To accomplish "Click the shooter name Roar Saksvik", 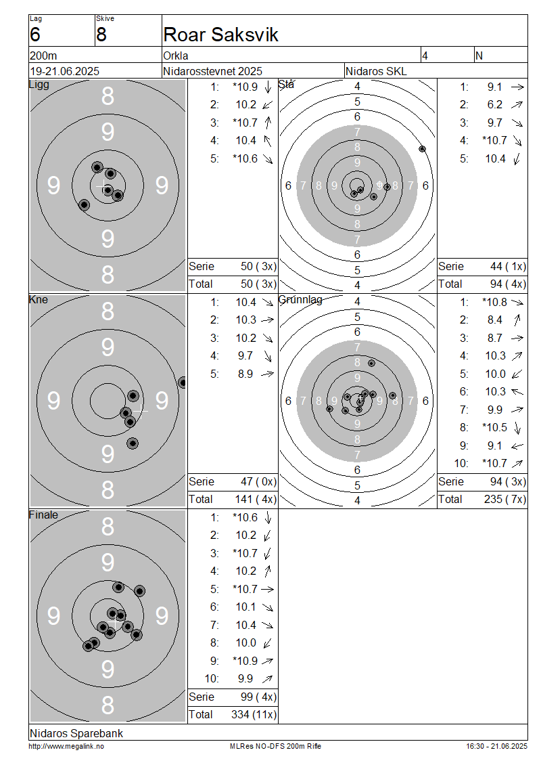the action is (220, 35).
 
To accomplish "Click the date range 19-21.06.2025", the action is (65, 71).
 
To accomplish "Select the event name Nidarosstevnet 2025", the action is (212, 71).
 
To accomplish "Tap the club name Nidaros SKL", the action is (376, 71).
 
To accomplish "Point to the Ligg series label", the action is (39, 85).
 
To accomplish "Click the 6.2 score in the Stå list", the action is (495, 104).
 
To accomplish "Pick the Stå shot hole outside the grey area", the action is (422, 149).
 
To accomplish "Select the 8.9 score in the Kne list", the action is (245, 374).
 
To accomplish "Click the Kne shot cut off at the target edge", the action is (183, 383).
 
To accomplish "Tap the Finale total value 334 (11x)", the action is (254, 714).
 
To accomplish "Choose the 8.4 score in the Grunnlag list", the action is (495, 320).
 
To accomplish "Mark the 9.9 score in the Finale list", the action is (245, 678).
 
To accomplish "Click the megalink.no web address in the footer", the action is (66, 746).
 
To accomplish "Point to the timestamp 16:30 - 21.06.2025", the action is (496, 746).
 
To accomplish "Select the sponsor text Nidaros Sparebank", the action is (76, 733).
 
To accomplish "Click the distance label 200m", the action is (43, 56).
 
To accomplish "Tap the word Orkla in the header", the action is (175, 56).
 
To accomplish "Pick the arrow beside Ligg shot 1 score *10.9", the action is (268, 87).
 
